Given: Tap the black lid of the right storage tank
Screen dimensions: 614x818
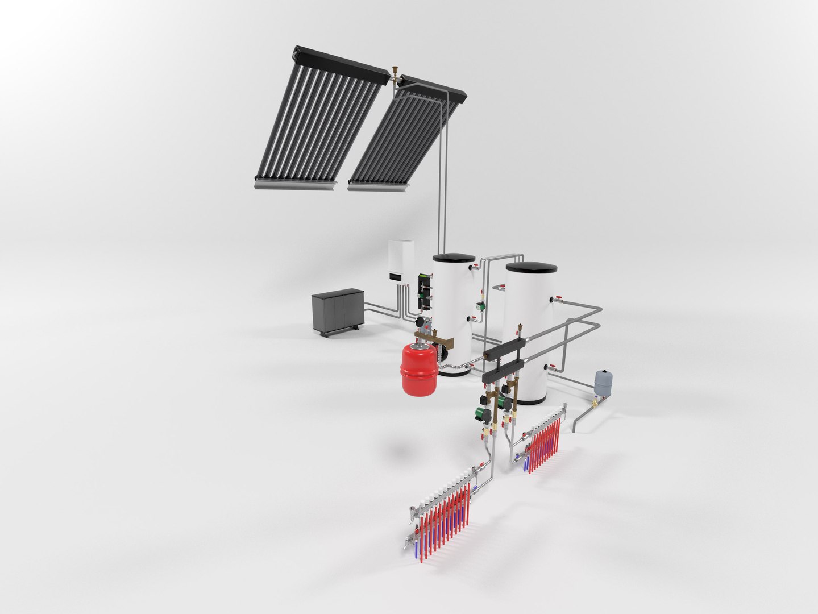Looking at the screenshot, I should (531, 267).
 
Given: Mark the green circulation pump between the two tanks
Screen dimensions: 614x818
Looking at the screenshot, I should (481, 308).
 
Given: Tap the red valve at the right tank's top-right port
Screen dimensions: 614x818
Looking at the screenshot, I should (560, 299).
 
